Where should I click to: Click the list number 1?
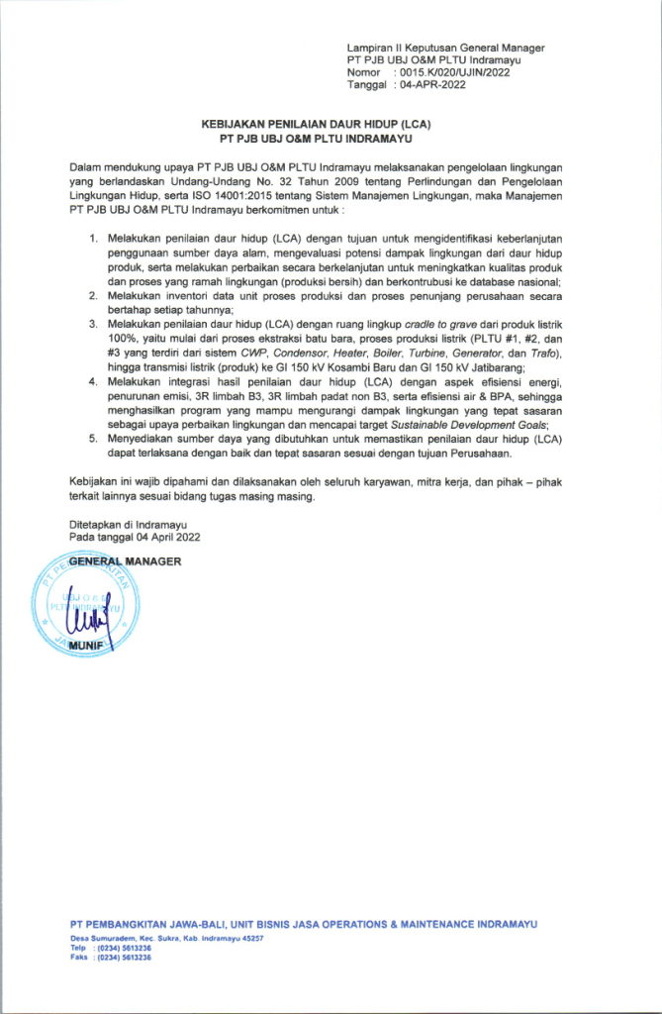tap(94, 240)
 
